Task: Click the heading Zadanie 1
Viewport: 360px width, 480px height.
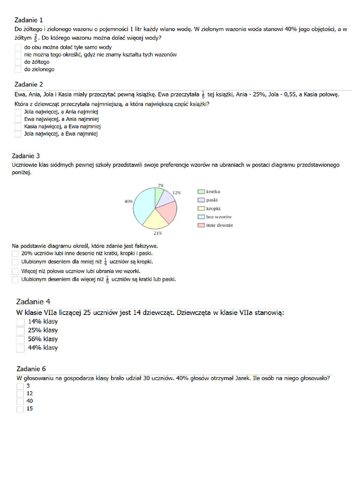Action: [29, 20]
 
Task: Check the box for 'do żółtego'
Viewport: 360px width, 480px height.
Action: [18, 62]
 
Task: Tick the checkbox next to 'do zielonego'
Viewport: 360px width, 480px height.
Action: [18, 69]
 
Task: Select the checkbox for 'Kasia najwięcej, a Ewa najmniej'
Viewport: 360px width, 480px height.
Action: [18, 127]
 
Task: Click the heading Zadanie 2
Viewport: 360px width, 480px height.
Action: [29, 84]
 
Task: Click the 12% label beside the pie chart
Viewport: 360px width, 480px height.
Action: [177, 193]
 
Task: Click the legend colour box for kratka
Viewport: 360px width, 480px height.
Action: [201, 192]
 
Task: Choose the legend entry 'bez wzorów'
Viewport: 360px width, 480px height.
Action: [219, 217]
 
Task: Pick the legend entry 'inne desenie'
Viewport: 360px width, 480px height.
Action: [219, 225]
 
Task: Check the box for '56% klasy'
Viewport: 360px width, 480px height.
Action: [20, 339]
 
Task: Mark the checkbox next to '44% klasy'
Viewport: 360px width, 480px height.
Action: [20, 348]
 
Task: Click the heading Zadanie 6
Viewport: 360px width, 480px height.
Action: [31, 368]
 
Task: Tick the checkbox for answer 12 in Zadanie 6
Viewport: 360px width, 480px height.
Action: [20, 394]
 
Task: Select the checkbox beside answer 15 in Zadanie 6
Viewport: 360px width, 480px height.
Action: [20, 409]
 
